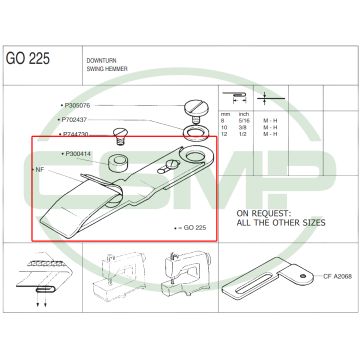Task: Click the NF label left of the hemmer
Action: [41, 171]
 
